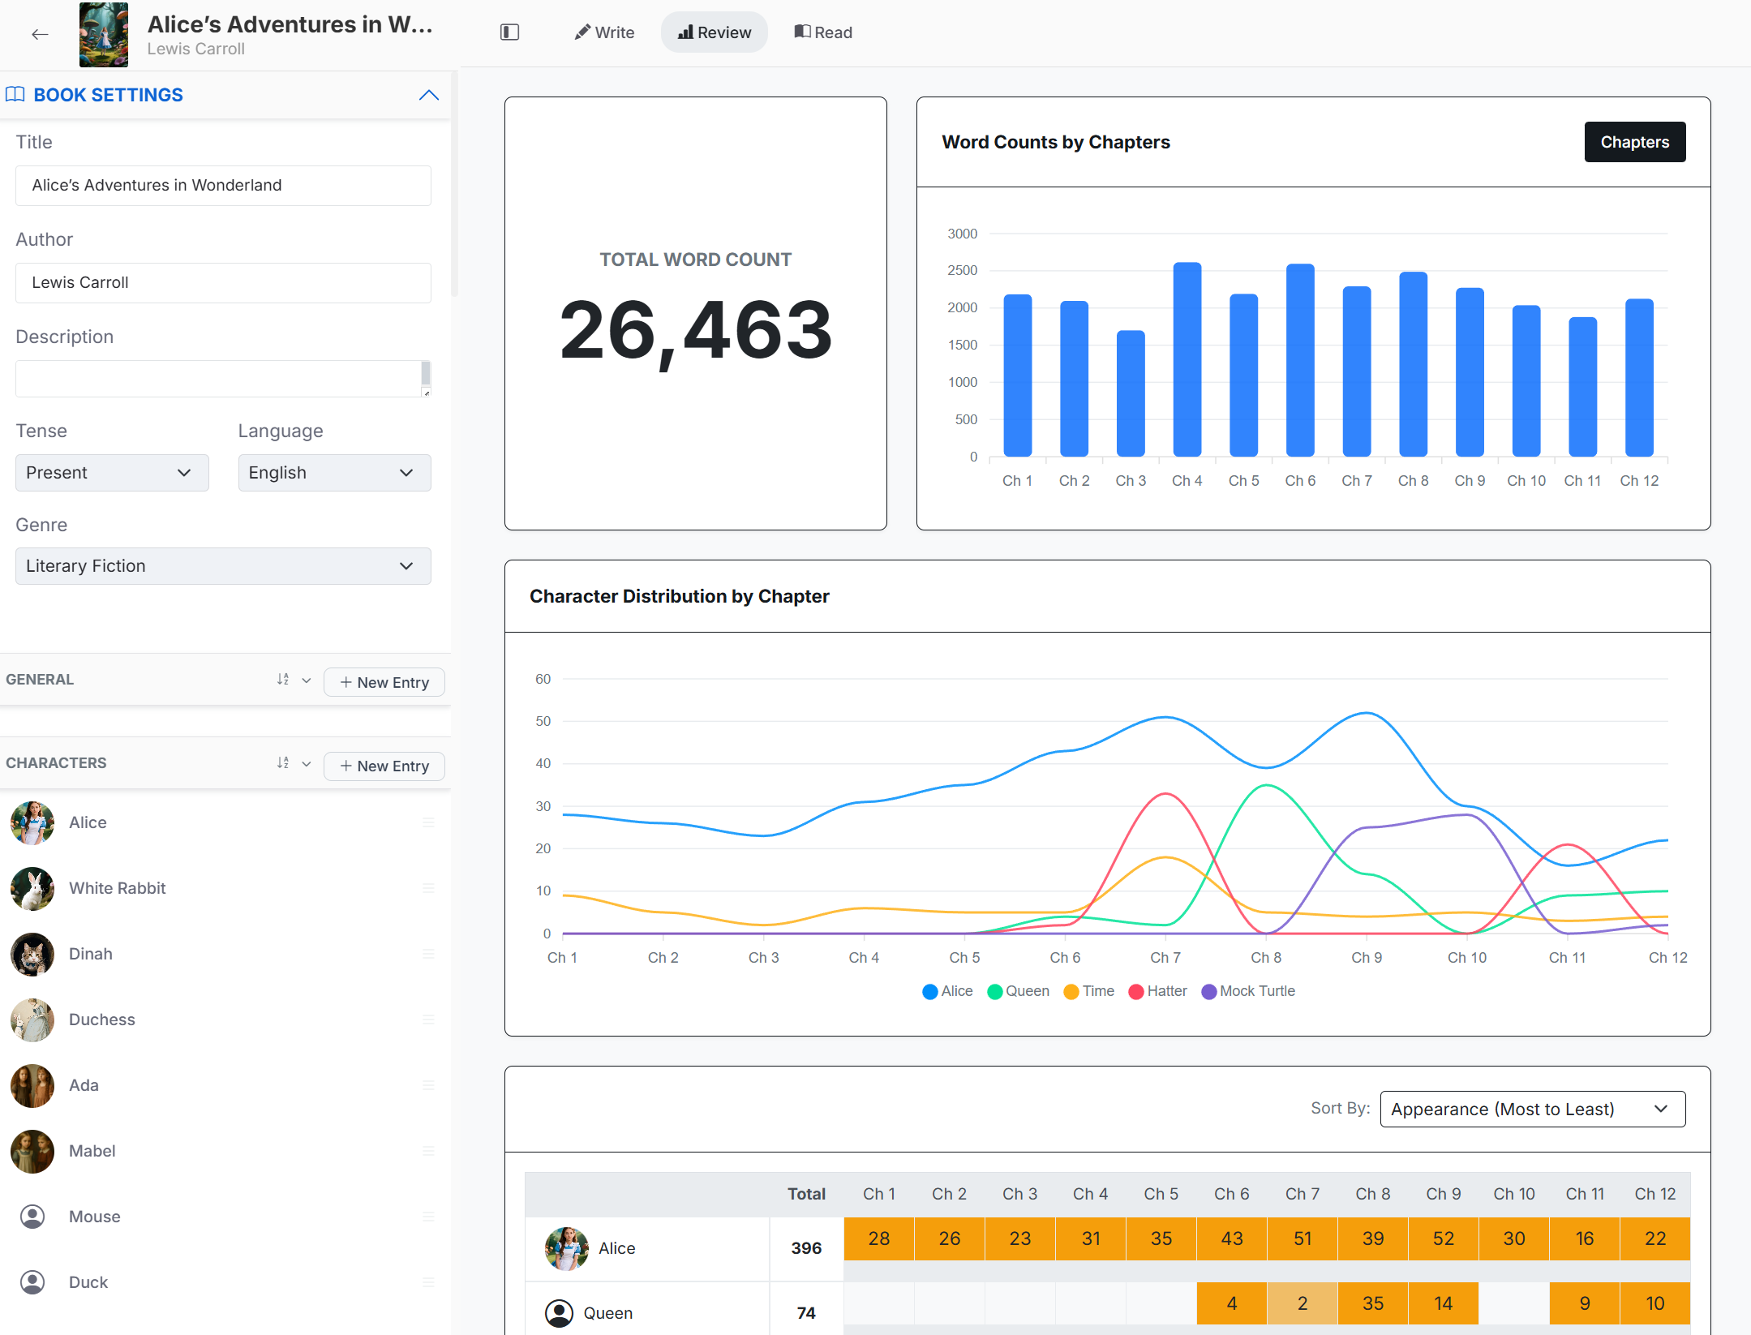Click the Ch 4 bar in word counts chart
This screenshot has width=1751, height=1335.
(x=1187, y=359)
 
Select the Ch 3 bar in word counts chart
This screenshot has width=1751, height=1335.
(x=1131, y=393)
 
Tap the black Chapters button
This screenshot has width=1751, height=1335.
(x=1634, y=142)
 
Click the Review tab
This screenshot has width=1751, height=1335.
(x=715, y=32)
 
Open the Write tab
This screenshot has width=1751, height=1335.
(x=604, y=32)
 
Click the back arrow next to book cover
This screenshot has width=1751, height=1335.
(x=40, y=34)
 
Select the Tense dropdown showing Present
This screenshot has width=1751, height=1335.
(x=112, y=473)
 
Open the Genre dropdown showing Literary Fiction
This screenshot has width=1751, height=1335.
(x=223, y=566)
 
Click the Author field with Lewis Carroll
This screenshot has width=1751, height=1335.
(x=223, y=282)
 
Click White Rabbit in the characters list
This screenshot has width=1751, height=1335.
(x=117, y=888)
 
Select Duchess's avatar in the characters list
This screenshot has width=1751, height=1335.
(x=32, y=1019)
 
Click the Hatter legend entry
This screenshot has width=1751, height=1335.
(x=1157, y=991)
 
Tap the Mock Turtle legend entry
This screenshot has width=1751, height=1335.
(x=1248, y=991)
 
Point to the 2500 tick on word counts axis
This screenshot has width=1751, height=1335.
(x=962, y=270)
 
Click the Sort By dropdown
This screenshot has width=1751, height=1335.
(x=1532, y=1109)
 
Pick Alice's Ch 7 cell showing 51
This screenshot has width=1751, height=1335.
(x=1303, y=1238)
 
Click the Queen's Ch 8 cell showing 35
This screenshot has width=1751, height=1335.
(x=1373, y=1303)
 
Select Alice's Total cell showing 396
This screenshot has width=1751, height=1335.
(x=806, y=1248)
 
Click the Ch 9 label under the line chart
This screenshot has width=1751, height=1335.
(x=1367, y=958)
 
